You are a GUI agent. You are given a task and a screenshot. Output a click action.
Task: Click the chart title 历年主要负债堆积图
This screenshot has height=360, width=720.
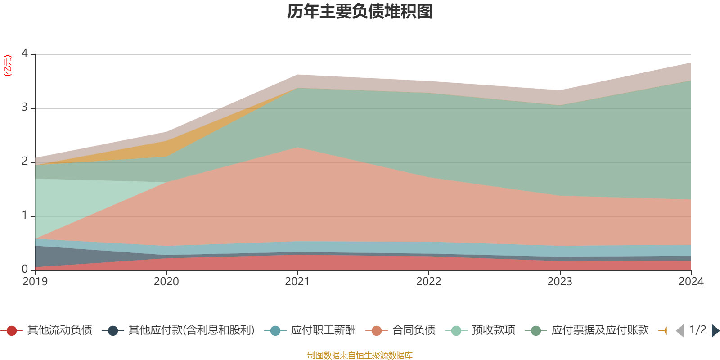360,12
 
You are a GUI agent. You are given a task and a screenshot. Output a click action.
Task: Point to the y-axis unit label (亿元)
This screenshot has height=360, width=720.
8,66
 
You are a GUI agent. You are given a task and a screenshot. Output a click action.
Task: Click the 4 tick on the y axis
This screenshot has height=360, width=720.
25,54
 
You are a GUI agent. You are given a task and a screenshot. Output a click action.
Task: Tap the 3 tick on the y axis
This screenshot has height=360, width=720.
25,108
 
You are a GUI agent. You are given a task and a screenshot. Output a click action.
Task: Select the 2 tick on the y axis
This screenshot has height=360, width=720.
25,162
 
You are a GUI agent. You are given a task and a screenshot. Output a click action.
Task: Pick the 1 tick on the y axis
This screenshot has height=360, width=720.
25,216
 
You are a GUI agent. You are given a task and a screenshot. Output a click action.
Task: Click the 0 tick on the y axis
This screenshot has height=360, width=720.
25,269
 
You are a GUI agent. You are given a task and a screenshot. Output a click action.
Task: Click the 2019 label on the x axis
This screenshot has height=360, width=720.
35,282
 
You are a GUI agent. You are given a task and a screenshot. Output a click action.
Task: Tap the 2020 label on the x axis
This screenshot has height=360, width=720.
166,282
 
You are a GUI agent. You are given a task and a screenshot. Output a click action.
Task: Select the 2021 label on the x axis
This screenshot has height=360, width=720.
297,282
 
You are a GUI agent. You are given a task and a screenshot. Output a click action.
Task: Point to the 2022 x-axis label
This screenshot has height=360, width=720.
429,282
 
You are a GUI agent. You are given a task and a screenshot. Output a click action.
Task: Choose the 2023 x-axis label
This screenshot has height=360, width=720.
560,282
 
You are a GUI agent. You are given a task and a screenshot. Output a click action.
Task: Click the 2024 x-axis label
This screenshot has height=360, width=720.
691,282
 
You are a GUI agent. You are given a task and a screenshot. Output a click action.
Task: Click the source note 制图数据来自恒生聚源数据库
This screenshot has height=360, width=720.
360,355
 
